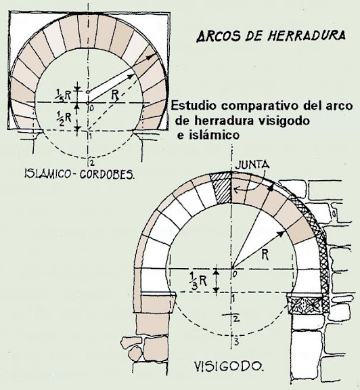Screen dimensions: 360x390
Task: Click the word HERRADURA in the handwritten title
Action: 307,36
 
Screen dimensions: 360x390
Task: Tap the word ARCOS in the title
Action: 219,36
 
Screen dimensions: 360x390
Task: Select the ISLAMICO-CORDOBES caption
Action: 79,174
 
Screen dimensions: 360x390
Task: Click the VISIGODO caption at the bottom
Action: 228,366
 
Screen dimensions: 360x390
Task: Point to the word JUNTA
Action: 252,165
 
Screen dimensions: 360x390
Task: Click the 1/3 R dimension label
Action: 198,280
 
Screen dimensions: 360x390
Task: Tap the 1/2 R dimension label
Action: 63,117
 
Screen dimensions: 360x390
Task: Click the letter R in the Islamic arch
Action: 115,95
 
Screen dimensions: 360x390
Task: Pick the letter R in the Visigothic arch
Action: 265,255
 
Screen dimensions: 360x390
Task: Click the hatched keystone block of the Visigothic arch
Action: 221,188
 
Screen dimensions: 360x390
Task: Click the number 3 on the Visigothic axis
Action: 236,342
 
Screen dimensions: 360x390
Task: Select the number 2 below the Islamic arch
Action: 92,163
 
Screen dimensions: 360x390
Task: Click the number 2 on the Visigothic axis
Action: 236,319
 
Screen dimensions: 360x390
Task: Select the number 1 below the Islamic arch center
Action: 91,136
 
